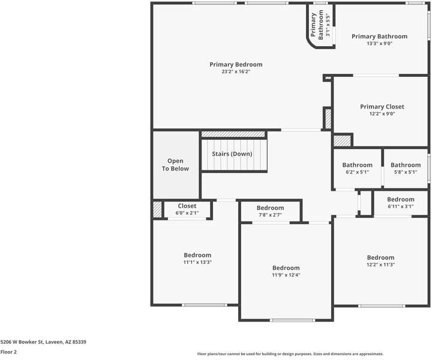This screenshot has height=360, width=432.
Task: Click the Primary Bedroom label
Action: pos(235,64)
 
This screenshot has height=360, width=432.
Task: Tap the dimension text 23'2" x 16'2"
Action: pos(235,72)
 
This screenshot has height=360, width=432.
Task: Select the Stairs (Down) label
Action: pos(232,154)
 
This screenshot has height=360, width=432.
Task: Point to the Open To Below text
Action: pos(175,165)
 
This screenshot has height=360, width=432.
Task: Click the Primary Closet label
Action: pos(382,107)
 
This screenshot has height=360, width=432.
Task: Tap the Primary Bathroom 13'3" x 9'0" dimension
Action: pos(379,43)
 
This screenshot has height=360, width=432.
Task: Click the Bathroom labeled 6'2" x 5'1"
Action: pos(358,169)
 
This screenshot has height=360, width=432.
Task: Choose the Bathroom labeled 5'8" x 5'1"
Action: pos(406,169)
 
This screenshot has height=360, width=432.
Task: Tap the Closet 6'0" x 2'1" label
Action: pos(187,209)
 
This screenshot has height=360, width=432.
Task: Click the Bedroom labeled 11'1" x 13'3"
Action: pos(197,259)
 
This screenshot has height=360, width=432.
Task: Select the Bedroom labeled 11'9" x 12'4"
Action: pos(286,271)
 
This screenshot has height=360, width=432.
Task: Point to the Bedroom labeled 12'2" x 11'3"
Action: pos(380,261)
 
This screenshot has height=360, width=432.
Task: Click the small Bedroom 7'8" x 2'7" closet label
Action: pos(270,211)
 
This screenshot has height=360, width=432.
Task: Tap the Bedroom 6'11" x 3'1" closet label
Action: pos(400,203)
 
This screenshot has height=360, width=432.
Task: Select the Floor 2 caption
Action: pos(8,352)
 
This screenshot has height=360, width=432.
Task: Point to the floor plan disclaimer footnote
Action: pos(290,354)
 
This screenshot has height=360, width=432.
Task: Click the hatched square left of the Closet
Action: pos(157,209)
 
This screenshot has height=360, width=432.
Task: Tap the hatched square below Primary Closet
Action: pos(342,140)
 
